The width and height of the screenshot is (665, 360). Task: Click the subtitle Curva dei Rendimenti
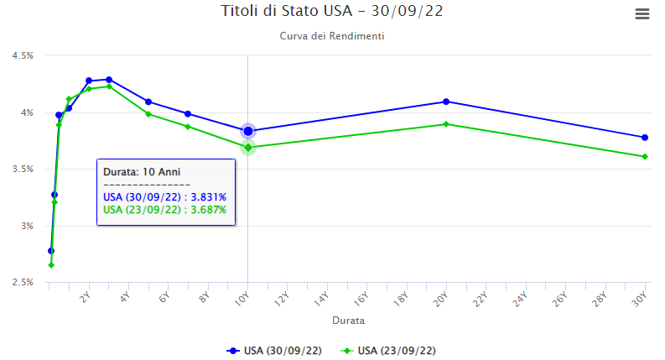332,37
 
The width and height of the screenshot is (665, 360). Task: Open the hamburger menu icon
643,13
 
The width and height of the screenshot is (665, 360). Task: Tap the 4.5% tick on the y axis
22,55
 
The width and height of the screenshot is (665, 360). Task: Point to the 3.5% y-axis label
22,169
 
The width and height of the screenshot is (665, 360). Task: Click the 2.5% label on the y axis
22,282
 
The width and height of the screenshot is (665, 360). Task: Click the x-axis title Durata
348,320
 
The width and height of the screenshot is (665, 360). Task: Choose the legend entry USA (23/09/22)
388,350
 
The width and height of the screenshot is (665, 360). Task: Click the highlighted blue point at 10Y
248,131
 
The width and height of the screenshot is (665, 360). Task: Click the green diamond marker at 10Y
248,148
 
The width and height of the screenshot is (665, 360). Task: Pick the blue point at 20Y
446,102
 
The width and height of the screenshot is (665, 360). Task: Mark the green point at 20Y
446,124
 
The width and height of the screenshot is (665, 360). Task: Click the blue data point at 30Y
645,138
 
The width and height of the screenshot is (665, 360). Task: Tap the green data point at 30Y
645,156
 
